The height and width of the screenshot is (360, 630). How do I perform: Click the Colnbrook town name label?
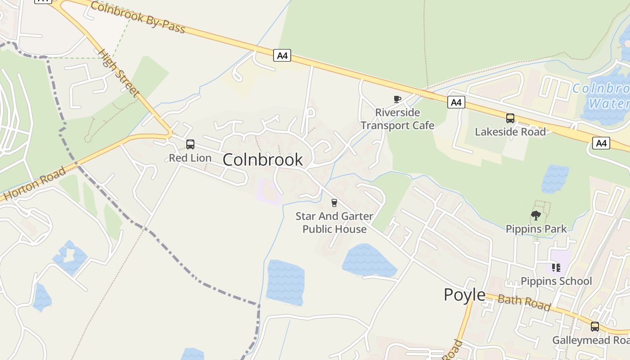262,160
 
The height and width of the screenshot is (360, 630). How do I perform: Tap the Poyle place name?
464,295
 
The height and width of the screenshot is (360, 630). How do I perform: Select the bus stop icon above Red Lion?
190,144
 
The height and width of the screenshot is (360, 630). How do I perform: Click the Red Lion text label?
190,158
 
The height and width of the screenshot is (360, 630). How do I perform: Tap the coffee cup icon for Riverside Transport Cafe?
397,99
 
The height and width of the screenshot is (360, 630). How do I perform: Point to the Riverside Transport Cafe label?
397,119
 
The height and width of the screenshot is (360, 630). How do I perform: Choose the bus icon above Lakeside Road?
510,118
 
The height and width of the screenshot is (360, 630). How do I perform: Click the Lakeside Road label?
510,132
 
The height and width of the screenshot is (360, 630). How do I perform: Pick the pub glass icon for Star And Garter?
334,203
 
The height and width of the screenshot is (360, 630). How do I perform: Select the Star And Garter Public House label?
334,223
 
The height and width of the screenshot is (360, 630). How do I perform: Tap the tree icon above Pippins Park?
535,216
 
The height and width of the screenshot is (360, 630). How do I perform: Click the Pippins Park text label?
536,229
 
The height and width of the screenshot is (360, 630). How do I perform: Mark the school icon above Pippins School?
556,268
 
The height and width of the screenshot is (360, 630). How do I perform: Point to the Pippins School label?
556,281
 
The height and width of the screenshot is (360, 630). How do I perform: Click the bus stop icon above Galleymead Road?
595,327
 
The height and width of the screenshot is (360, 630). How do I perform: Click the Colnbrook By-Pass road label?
138,18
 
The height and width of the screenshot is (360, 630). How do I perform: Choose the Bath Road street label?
524,303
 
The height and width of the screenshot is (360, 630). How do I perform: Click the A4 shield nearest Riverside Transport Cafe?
456,103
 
